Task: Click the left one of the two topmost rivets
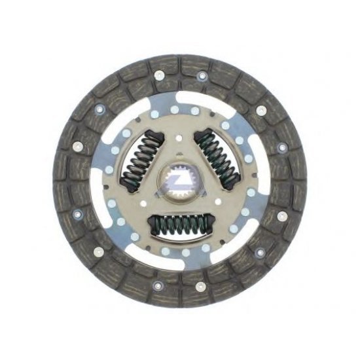click(159, 75)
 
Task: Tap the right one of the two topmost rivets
click(202, 75)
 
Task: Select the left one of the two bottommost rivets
click(159, 285)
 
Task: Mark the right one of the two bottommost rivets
click(202, 285)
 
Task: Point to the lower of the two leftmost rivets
click(78, 213)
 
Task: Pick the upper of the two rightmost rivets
click(282, 147)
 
